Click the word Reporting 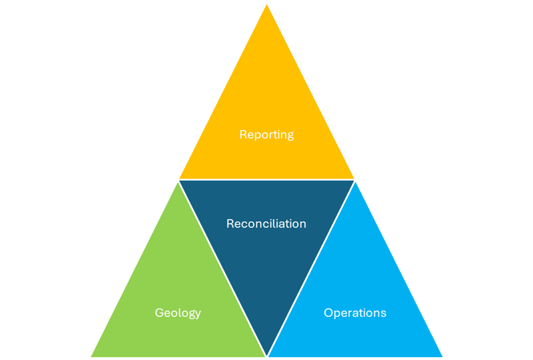coord(266,135)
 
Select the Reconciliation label coord(266,224)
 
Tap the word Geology coord(178,313)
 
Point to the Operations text coord(355,313)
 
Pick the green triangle coord(178,284)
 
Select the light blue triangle coord(355,284)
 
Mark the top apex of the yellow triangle coord(266,4)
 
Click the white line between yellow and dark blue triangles coord(266,179)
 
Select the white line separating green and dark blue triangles coord(222,268)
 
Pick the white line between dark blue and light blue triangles coord(311,268)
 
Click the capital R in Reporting coord(243,135)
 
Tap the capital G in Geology coord(159,313)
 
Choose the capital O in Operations coord(328,313)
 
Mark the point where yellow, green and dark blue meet coord(178,180)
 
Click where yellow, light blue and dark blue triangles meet coord(355,180)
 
